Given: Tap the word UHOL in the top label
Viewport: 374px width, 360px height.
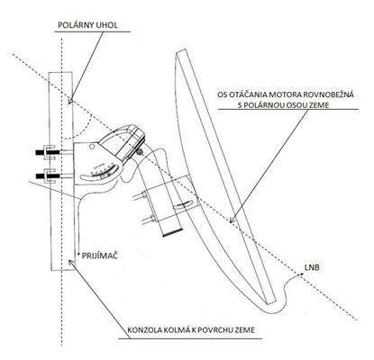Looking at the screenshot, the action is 107,25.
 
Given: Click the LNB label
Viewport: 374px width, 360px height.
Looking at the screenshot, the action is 312,268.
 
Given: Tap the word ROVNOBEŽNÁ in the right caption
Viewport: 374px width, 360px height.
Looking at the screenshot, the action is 326,94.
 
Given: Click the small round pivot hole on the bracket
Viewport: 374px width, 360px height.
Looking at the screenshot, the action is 92,147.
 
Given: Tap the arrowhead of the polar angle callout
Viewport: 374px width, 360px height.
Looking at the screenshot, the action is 70,101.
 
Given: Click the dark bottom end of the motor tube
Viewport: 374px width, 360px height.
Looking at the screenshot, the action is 172,232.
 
